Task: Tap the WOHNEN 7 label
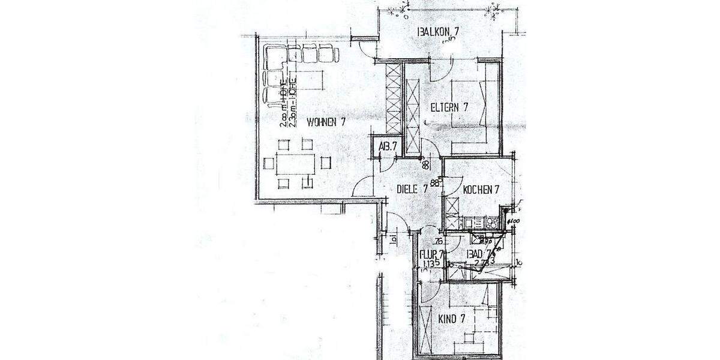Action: (326, 122)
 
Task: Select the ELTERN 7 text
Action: (448, 107)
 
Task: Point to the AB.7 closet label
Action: (387, 146)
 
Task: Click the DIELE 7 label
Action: (412, 188)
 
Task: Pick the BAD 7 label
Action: (480, 254)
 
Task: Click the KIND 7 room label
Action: (451, 319)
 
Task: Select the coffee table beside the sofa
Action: (309, 79)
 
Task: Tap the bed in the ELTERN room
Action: (471, 114)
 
